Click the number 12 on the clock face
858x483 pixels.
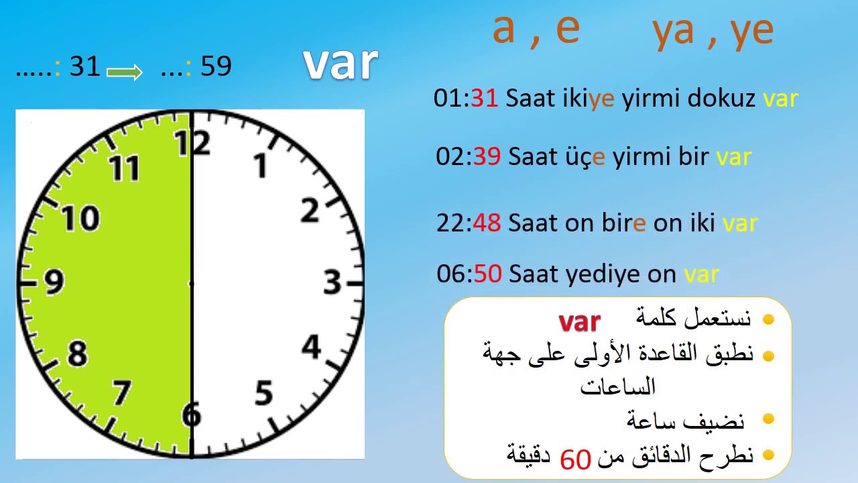click(192, 143)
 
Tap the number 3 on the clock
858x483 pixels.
click(332, 282)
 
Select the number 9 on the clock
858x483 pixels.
click(54, 282)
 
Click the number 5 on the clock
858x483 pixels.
click(263, 392)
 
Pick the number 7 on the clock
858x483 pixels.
click(121, 393)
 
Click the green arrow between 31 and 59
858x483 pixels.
click(125, 72)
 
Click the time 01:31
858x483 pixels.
click(466, 99)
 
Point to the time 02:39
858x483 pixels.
click(468, 157)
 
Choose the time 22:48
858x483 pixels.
click(469, 223)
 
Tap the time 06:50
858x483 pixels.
click(469, 274)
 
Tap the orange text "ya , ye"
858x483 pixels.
click(713, 30)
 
